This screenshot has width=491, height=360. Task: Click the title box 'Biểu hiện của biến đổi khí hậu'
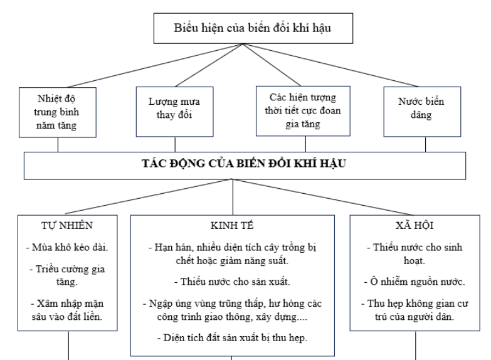pos(253,28)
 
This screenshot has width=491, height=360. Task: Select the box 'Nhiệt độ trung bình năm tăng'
pos(58,112)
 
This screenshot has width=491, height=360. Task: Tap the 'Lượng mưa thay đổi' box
pos(175,112)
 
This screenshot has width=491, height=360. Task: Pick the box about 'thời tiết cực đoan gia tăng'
pos(303,111)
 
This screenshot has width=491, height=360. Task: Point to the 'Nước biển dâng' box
pos(422,112)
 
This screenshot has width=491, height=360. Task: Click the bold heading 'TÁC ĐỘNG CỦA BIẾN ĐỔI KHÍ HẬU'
pos(244,164)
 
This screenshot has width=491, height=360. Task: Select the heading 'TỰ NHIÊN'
pos(67,226)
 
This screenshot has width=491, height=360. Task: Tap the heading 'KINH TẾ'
pos(232,226)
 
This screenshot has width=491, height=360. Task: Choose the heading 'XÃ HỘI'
pos(414,226)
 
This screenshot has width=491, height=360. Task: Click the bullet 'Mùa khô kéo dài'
pos(67,248)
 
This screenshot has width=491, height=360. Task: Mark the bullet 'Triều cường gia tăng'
pos(67,275)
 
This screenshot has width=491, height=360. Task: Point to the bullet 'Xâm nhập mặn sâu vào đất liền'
pos(67,310)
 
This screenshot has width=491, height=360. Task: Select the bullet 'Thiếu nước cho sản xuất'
pos(232,282)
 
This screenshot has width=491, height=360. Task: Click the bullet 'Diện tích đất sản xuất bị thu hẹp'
pos(232,338)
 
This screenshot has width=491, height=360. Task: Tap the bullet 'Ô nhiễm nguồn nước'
pos(414,282)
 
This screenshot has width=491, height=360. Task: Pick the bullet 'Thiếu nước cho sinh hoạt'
pos(414,254)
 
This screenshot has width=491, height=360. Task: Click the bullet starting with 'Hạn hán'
pos(232,254)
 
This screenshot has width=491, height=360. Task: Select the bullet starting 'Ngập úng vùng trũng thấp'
pos(232,310)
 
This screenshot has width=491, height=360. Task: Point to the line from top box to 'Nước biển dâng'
pos(330,65)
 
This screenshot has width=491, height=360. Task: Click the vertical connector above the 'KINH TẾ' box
pos(233,197)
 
